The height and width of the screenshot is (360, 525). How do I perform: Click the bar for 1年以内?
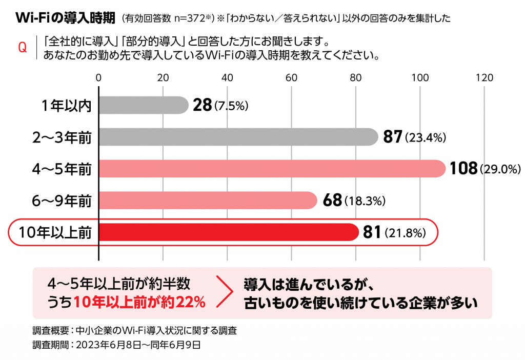coord(144,105)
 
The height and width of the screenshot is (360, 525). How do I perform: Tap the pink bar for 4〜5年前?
coord(272,169)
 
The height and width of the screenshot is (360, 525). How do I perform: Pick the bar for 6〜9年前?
coord(208,200)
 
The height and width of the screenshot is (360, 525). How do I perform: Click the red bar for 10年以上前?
coord(228,232)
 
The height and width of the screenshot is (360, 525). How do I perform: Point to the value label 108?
coord(463,169)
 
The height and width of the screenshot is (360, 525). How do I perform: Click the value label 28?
coord(203,106)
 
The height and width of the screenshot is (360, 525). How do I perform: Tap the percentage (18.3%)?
coord(365,201)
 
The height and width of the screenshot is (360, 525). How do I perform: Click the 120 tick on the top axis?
coord(484,78)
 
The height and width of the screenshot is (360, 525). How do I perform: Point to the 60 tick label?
coord(291,78)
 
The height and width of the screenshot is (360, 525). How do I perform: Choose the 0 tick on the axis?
coord(98,78)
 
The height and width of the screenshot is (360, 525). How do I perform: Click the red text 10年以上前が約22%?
coord(139,302)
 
